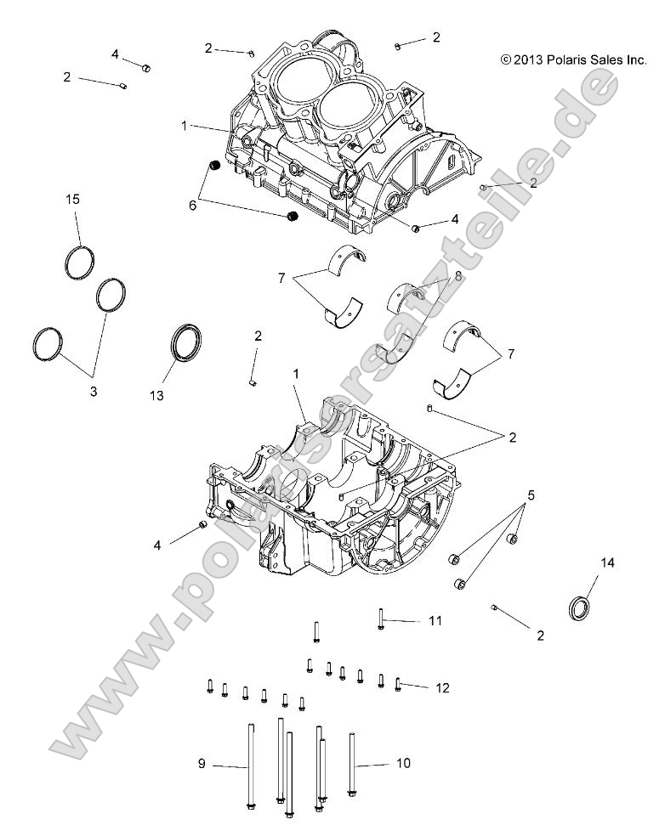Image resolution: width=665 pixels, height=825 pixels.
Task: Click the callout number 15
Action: (73, 199)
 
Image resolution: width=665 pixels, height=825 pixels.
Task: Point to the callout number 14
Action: (607, 562)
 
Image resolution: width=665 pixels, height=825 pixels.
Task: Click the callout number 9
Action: (202, 764)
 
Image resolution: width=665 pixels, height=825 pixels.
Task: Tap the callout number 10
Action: (403, 764)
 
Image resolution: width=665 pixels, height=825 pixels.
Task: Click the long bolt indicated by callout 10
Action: (351, 765)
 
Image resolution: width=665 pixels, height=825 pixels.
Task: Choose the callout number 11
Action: (435, 622)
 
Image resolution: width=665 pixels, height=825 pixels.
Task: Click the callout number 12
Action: (442, 687)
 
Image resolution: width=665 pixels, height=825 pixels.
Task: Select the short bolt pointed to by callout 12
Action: (398, 683)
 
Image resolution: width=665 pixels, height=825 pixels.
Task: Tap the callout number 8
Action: (458, 276)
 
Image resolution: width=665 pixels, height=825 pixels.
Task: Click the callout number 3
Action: (94, 392)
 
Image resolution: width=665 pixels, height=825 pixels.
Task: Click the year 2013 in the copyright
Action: (528, 59)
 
